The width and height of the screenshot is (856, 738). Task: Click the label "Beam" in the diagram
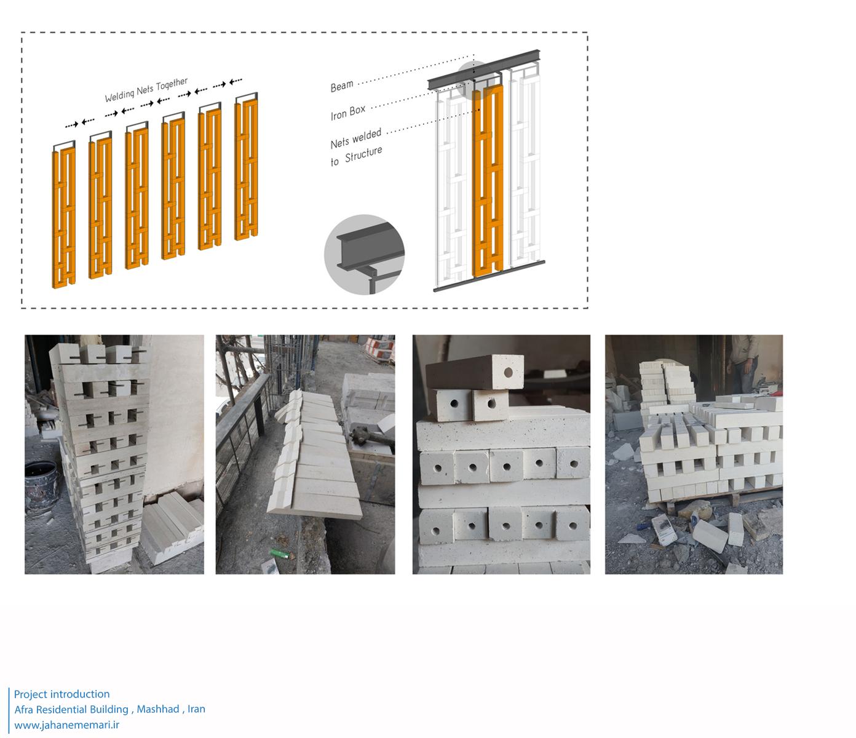click(342, 86)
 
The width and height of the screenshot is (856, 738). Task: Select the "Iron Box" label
click(348, 112)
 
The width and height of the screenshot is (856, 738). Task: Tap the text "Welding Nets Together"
click(146, 90)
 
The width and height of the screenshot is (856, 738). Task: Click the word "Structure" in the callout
click(363, 154)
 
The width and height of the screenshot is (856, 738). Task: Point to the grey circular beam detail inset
click(365, 254)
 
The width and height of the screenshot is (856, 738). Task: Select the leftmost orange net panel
click(64, 218)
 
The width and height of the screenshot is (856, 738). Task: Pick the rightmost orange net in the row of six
click(246, 170)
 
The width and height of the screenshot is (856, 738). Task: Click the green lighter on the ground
click(279, 553)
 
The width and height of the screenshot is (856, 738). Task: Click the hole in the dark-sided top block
click(508, 372)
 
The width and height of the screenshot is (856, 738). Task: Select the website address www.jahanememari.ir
click(66, 724)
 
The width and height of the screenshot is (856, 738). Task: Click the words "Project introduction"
click(61, 694)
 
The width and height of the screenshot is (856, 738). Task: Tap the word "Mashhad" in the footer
click(158, 709)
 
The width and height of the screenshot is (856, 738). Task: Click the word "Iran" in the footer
click(196, 709)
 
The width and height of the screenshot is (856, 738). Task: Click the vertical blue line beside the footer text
click(9, 710)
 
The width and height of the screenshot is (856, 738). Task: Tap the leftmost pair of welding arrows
click(80, 122)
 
